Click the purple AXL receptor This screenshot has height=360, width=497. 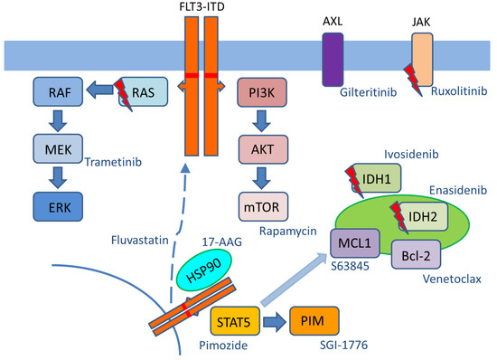pos(333,60)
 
